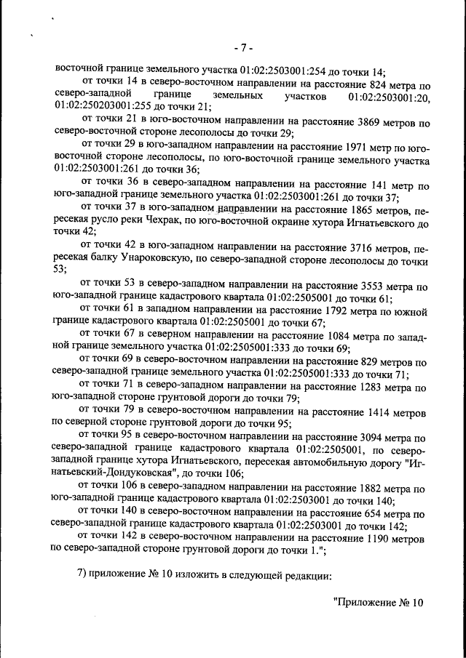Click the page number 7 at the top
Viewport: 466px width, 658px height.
tap(242, 49)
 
